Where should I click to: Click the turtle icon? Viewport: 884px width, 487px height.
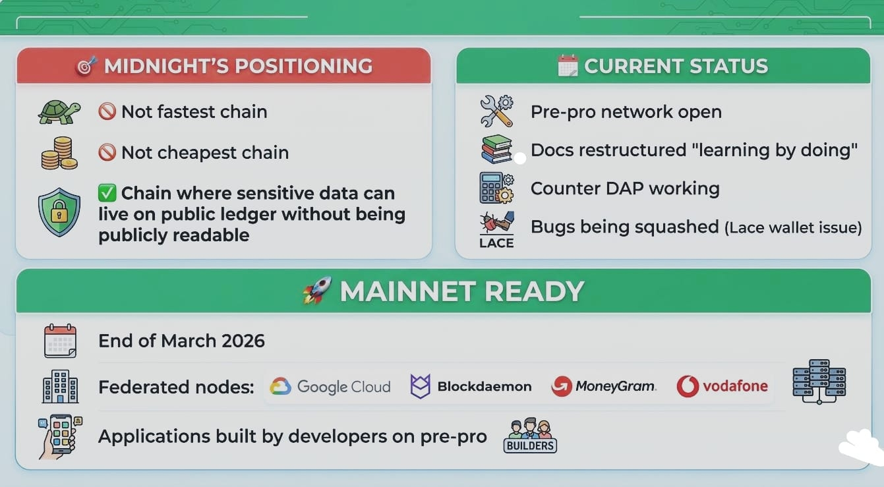pyautogui.click(x=59, y=112)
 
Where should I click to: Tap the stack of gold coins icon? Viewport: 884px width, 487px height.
pyautogui.click(x=59, y=153)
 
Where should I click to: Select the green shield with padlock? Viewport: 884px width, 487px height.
pyautogui.click(x=59, y=212)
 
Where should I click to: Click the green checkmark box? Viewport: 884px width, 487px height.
pyautogui.click(x=107, y=193)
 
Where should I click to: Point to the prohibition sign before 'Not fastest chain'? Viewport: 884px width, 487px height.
pyautogui.click(x=107, y=111)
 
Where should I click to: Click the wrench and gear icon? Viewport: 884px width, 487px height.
pyautogui.click(x=497, y=111)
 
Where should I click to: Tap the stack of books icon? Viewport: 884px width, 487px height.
pyautogui.click(x=497, y=149)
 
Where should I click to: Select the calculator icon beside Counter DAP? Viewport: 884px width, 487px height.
pyautogui.click(x=497, y=188)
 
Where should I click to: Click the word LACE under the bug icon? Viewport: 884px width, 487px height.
pyautogui.click(x=496, y=243)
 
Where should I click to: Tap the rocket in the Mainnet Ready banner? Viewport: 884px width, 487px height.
pyautogui.click(x=317, y=291)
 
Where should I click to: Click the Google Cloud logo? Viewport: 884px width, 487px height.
pyautogui.click(x=330, y=386)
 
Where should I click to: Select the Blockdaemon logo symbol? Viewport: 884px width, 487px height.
pyautogui.click(x=421, y=386)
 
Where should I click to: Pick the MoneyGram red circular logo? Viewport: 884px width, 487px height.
pyautogui.click(x=562, y=386)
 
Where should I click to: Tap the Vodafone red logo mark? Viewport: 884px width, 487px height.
pyautogui.click(x=688, y=386)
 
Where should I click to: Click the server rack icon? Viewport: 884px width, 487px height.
pyautogui.click(x=819, y=382)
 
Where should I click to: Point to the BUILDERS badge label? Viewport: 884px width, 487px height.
pyautogui.click(x=531, y=445)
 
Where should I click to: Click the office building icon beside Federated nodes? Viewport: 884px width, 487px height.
pyautogui.click(x=60, y=386)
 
